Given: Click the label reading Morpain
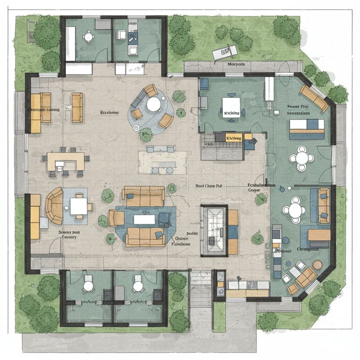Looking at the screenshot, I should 236,64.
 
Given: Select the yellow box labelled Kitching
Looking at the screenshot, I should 233,138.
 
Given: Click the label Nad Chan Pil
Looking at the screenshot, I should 209,185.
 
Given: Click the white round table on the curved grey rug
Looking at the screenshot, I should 153,104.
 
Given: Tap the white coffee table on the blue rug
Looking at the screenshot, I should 144,219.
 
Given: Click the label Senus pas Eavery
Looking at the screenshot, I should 69,234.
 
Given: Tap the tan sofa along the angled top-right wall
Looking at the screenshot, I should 314,98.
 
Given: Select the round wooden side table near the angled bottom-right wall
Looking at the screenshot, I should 317,265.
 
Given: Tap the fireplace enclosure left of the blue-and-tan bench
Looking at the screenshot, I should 213,230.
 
